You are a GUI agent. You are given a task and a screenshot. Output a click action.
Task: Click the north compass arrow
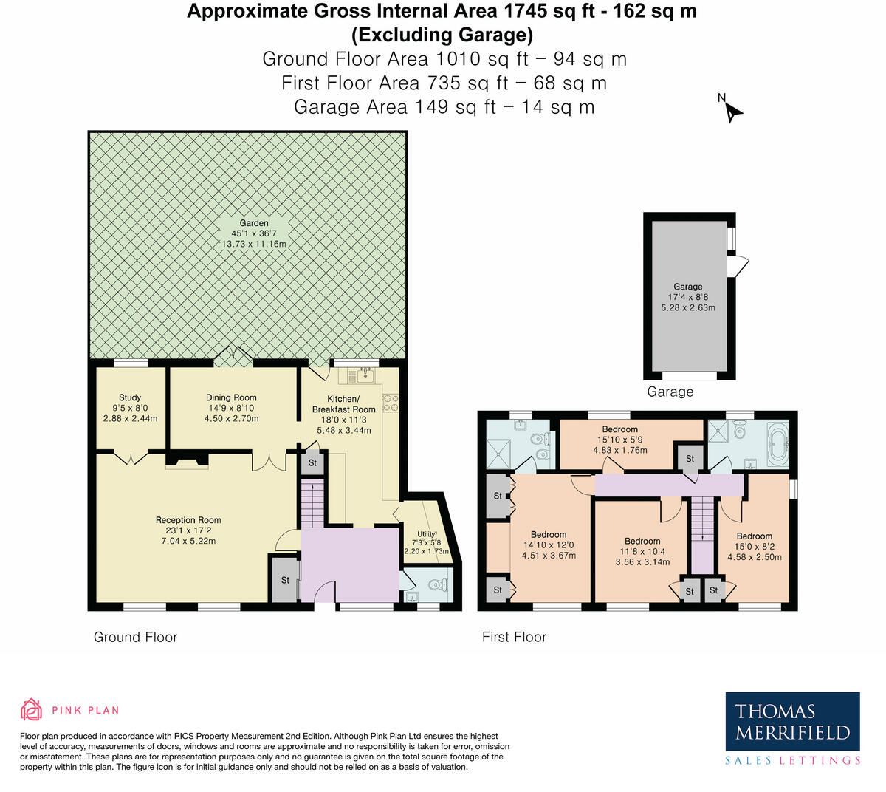pos(732,111)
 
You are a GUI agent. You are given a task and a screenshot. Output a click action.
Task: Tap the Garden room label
pos(253,223)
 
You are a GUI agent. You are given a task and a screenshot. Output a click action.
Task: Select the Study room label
pos(130,397)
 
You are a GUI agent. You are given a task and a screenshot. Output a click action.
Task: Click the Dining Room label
pos(231,397)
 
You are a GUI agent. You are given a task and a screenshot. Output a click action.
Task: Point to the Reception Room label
pos(188,520)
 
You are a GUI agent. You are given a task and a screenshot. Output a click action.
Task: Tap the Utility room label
pos(426,534)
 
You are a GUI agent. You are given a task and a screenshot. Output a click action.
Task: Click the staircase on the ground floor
pos(312,502)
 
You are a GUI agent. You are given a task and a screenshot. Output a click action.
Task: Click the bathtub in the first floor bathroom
pos(777,445)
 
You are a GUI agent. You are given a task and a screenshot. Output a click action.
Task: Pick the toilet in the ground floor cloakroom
pos(438,586)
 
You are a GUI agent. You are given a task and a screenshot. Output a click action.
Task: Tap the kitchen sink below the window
pos(357,376)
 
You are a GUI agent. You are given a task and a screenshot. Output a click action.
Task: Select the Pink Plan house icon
pos(31,710)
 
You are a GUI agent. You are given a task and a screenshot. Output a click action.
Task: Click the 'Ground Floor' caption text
pos(135,637)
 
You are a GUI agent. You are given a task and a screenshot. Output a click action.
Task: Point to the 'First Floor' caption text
pos(514,637)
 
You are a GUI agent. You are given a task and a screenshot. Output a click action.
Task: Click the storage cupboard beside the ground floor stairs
pos(312,463)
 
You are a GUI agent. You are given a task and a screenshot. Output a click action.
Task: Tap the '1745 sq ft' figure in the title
pos(550,11)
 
